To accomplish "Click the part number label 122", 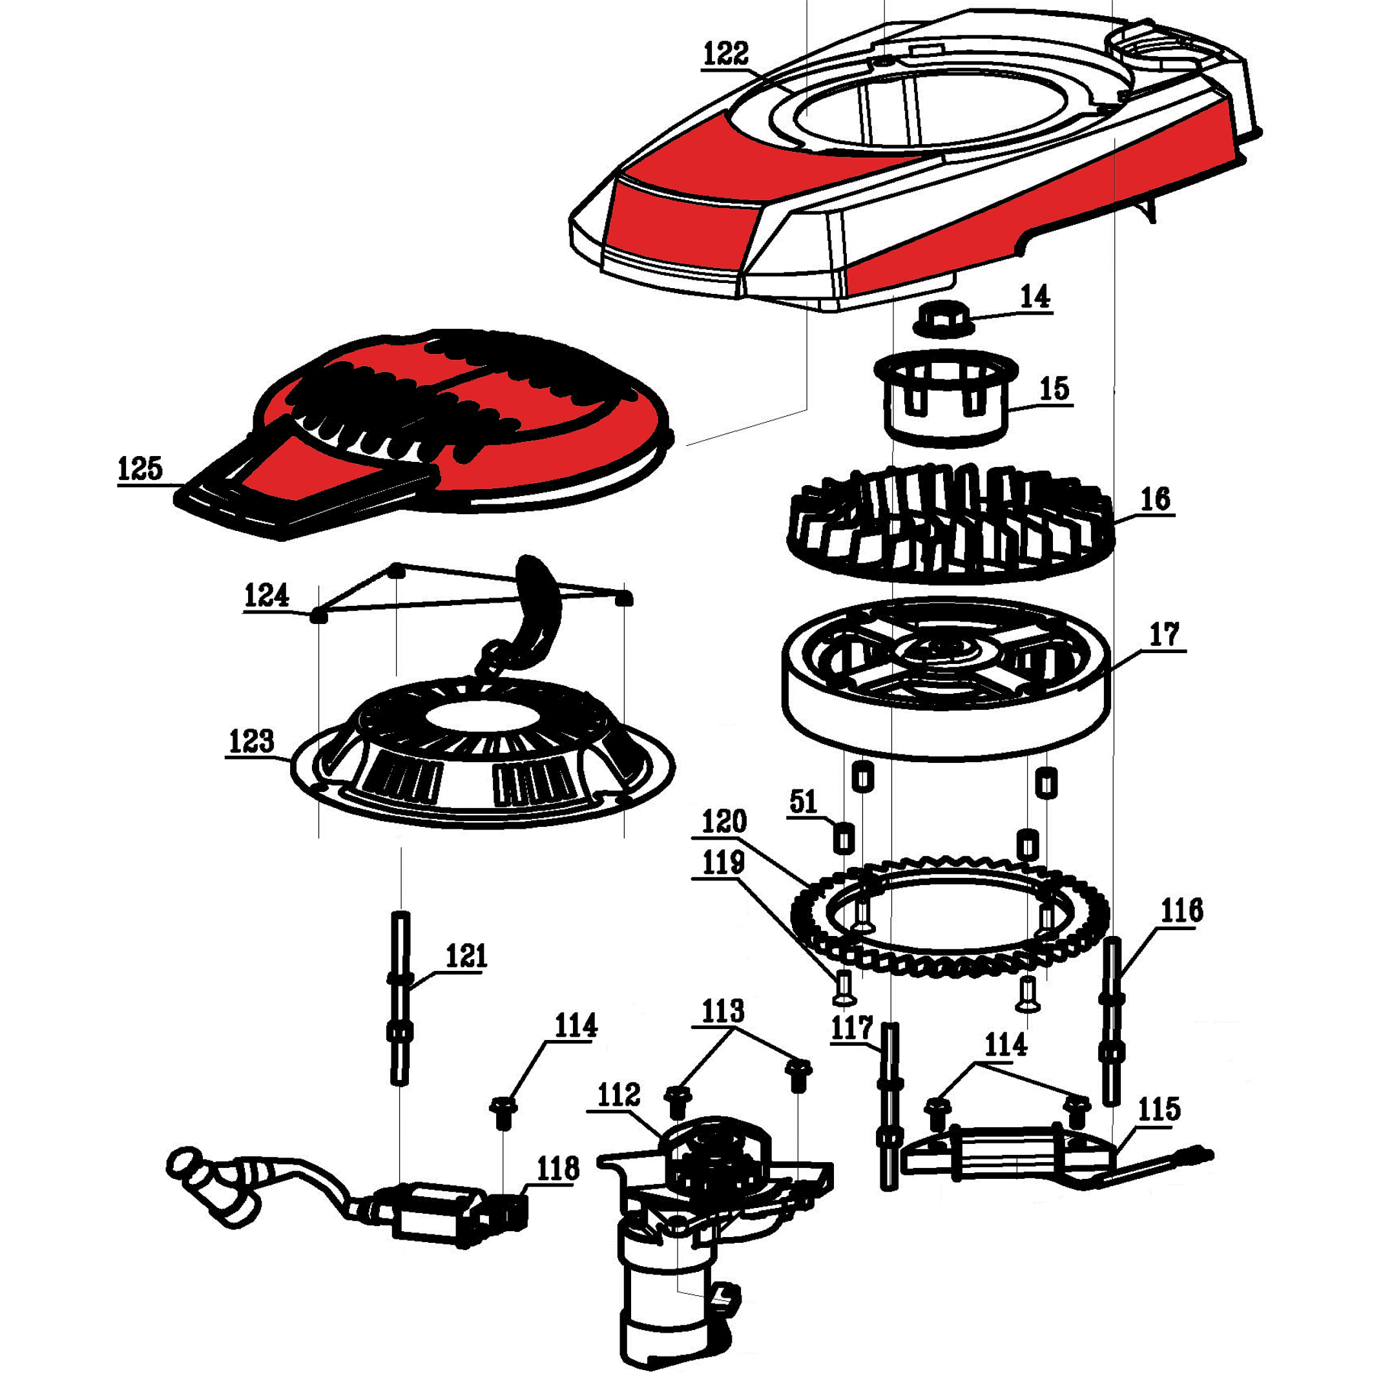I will tap(725, 54).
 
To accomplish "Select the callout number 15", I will tap(1054, 390).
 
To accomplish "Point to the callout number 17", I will tap(1164, 635).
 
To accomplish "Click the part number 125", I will tap(140, 470).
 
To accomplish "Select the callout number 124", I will tap(266, 596).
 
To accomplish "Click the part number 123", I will tap(251, 742).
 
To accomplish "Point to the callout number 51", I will tap(803, 802).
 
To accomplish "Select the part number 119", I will tap(723, 863).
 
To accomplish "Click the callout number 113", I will tap(723, 1012).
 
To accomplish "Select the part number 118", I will tap(557, 1169).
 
